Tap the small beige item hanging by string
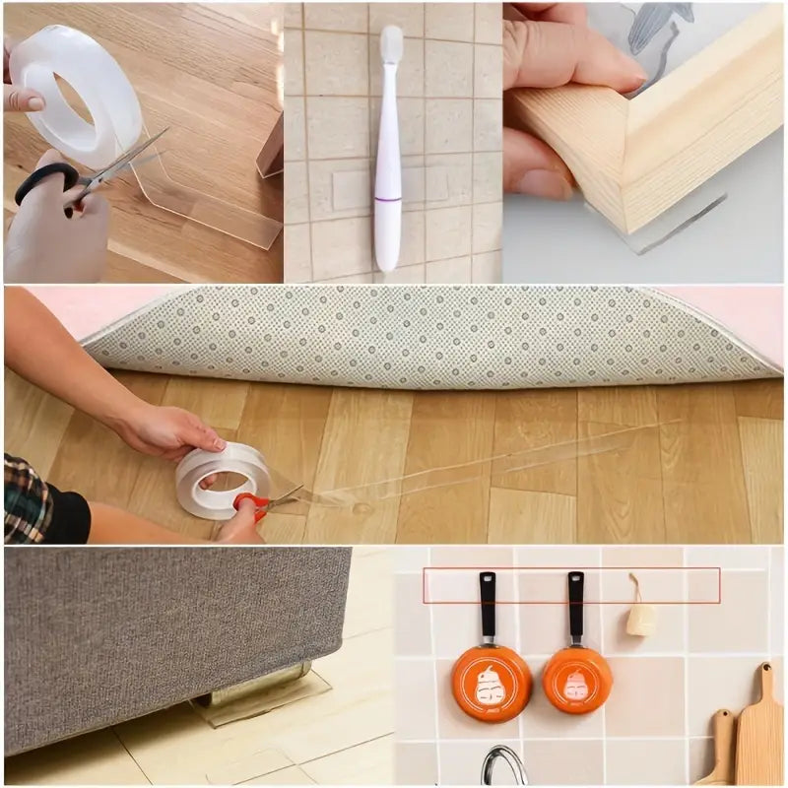click(x=640, y=619)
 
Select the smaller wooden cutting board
click(x=721, y=749)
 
